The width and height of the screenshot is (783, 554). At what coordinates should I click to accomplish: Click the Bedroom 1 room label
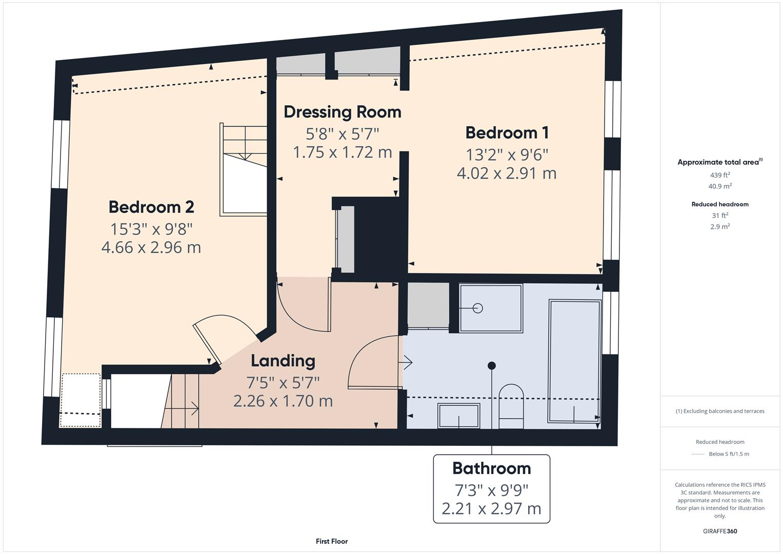(x=507, y=132)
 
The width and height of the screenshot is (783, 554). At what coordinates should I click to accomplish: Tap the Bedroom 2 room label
(x=151, y=207)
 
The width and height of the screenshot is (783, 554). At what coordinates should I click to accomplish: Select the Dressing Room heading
(x=342, y=112)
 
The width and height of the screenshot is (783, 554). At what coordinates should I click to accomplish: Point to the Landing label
(x=283, y=361)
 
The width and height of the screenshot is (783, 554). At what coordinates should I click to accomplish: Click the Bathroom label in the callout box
(x=491, y=468)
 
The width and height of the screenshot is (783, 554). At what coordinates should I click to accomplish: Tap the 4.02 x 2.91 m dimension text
(x=507, y=173)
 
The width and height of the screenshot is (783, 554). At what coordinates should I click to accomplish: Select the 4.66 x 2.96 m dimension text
(x=151, y=247)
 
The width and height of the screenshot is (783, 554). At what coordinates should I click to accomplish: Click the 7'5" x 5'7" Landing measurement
(x=283, y=382)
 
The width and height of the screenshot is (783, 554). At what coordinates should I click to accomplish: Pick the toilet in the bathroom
(x=511, y=407)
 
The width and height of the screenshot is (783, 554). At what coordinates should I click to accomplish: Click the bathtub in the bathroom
(x=574, y=362)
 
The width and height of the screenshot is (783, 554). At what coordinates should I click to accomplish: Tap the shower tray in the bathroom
(x=491, y=308)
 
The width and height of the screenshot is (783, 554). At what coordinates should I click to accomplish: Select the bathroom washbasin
(x=458, y=415)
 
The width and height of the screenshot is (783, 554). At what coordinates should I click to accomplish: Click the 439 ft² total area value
(x=720, y=175)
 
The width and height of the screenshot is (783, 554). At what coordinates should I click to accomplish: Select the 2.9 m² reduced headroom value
(x=720, y=227)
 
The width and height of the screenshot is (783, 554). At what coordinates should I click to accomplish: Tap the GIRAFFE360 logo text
(x=720, y=531)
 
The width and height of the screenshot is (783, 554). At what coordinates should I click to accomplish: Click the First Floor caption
(x=332, y=541)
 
